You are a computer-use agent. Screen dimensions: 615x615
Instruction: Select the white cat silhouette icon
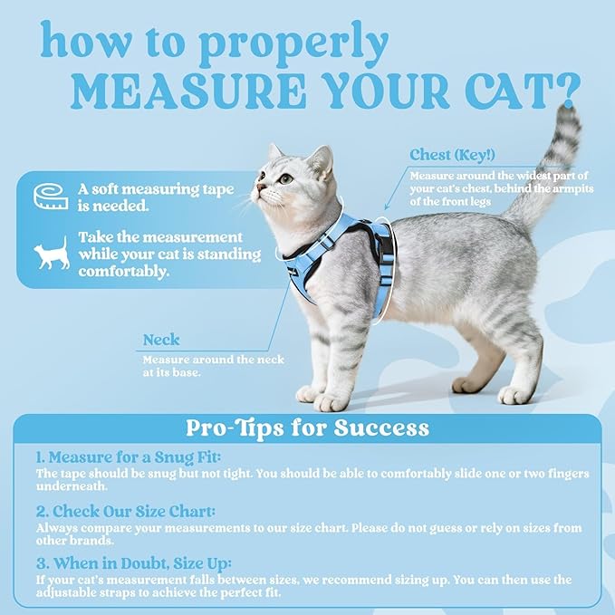51,254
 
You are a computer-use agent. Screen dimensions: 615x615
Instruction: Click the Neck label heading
161,341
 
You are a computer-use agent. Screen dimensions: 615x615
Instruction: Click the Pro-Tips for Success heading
307,427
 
